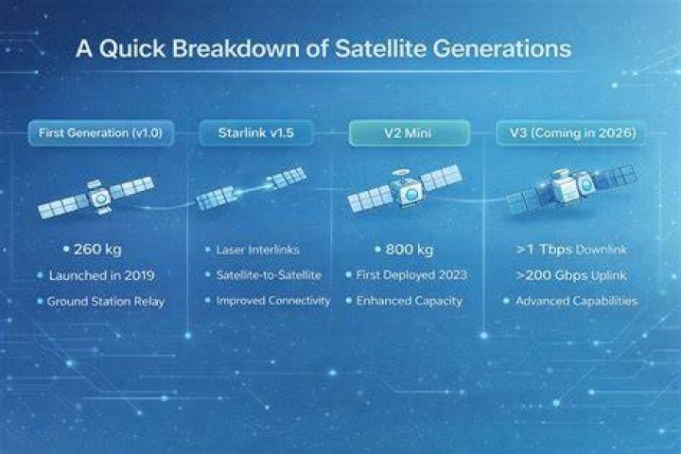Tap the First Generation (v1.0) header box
[x=101, y=133]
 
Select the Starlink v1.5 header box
[x=256, y=133]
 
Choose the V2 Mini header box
[x=410, y=133]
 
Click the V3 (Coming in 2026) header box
[x=571, y=133]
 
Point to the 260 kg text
[x=97, y=250]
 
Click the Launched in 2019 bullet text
[x=101, y=275]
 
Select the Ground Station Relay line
[x=106, y=302]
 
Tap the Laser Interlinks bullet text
[x=257, y=250]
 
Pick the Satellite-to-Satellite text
[x=269, y=275]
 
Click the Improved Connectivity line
[x=273, y=301]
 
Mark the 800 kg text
[x=410, y=250]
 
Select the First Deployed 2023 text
[x=411, y=275]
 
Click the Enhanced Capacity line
[x=410, y=301]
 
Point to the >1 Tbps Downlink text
[x=571, y=250]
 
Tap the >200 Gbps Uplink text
[x=571, y=275]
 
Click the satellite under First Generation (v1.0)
[x=96, y=198]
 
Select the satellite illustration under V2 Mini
[x=405, y=190]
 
